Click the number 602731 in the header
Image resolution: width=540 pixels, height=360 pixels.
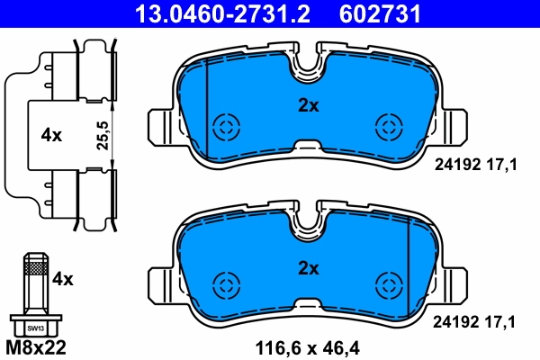coord(379,13)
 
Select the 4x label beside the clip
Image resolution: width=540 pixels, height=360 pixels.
coord(51,135)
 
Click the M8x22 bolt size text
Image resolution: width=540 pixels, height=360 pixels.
coord(36,346)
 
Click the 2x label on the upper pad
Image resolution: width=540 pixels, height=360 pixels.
coord(309,105)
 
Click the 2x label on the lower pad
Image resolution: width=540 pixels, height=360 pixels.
coord(309,267)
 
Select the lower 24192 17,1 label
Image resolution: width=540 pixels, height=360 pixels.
coord(475,319)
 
